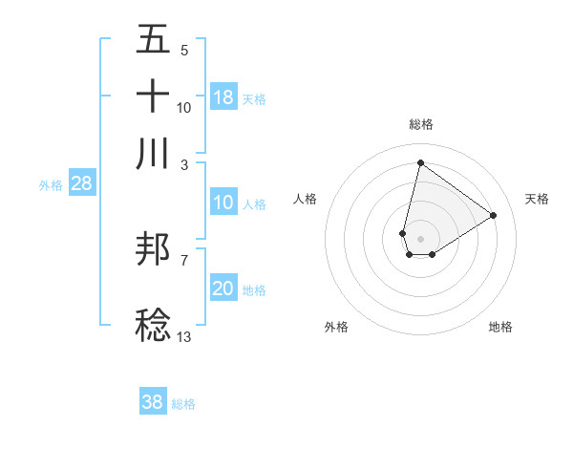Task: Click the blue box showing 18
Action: click(223, 97)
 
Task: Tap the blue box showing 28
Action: click(81, 184)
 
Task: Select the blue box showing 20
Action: click(223, 289)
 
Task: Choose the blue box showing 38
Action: click(152, 402)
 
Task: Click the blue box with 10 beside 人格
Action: click(223, 203)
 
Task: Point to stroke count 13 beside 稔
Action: click(183, 336)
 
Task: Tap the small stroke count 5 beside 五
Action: click(183, 50)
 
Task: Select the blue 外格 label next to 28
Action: click(50, 185)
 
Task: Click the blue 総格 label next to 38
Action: click(183, 403)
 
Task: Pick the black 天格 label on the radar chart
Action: click(537, 199)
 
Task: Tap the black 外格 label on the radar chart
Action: click(336, 327)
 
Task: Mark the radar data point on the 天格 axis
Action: click(493, 215)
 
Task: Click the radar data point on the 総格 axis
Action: click(420, 163)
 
